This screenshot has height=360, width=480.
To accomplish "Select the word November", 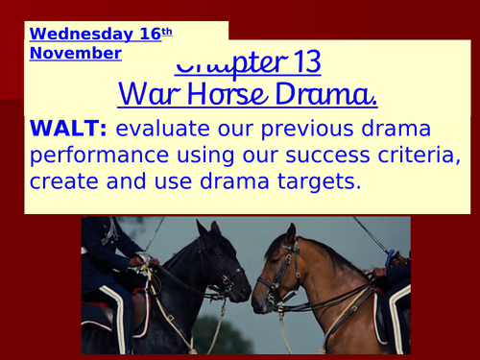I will point(75,53).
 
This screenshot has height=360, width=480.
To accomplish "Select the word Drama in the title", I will point(323,96).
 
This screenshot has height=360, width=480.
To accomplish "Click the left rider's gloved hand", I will point(146,261).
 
